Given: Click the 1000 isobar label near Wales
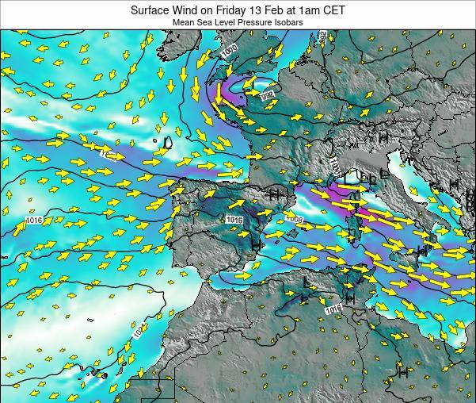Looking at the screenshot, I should click(230, 52).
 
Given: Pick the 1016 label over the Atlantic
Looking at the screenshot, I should click(32, 220).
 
